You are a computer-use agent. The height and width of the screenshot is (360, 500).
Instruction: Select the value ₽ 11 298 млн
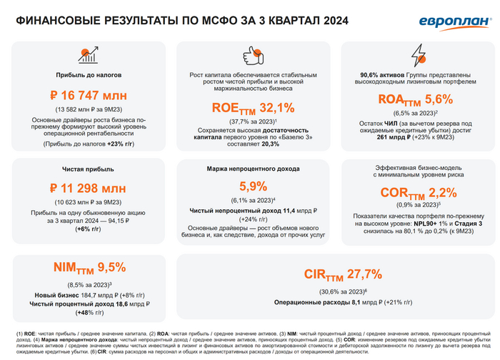tap(89, 189)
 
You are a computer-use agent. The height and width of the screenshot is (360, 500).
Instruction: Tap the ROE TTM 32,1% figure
tap(253, 109)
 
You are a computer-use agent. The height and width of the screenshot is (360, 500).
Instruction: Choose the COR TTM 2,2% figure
tap(417, 193)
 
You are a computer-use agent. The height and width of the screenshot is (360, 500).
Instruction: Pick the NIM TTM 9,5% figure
tap(89, 268)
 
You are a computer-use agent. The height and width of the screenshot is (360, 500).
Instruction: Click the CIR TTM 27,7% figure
tap(334, 274)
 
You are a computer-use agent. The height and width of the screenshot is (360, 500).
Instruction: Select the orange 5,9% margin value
tap(253, 186)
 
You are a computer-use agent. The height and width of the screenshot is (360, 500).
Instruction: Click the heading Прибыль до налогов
tap(89, 74)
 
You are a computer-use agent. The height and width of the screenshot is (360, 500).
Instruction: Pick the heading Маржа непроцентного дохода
tap(254, 169)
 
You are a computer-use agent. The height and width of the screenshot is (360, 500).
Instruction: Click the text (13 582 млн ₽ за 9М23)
tap(89, 109)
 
